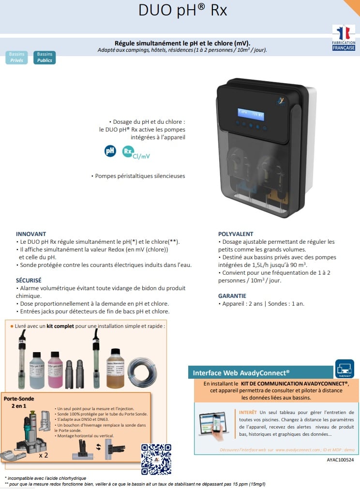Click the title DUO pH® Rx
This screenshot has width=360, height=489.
(x=182, y=11)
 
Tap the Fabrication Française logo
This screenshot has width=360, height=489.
(x=344, y=38)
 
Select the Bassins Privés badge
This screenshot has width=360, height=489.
(x=16, y=58)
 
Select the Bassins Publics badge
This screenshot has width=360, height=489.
(x=45, y=58)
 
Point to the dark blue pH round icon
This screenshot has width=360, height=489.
(x=111, y=150)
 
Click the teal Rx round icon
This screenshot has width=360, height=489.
(x=128, y=151)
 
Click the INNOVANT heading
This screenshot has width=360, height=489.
(x=31, y=234)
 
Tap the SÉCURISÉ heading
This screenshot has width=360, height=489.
(x=29, y=280)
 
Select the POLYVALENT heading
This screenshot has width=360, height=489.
(x=236, y=234)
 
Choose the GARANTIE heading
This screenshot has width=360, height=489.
(x=232, y=296)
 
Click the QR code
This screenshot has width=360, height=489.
(x=156, y=459)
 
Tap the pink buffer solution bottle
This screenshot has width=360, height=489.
(x=55, y=370)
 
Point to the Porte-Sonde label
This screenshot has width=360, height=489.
(x=19, y=399)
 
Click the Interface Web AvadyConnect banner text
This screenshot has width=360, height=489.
(x=241, y=373)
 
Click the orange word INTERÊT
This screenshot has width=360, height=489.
(x=248, y=412)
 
